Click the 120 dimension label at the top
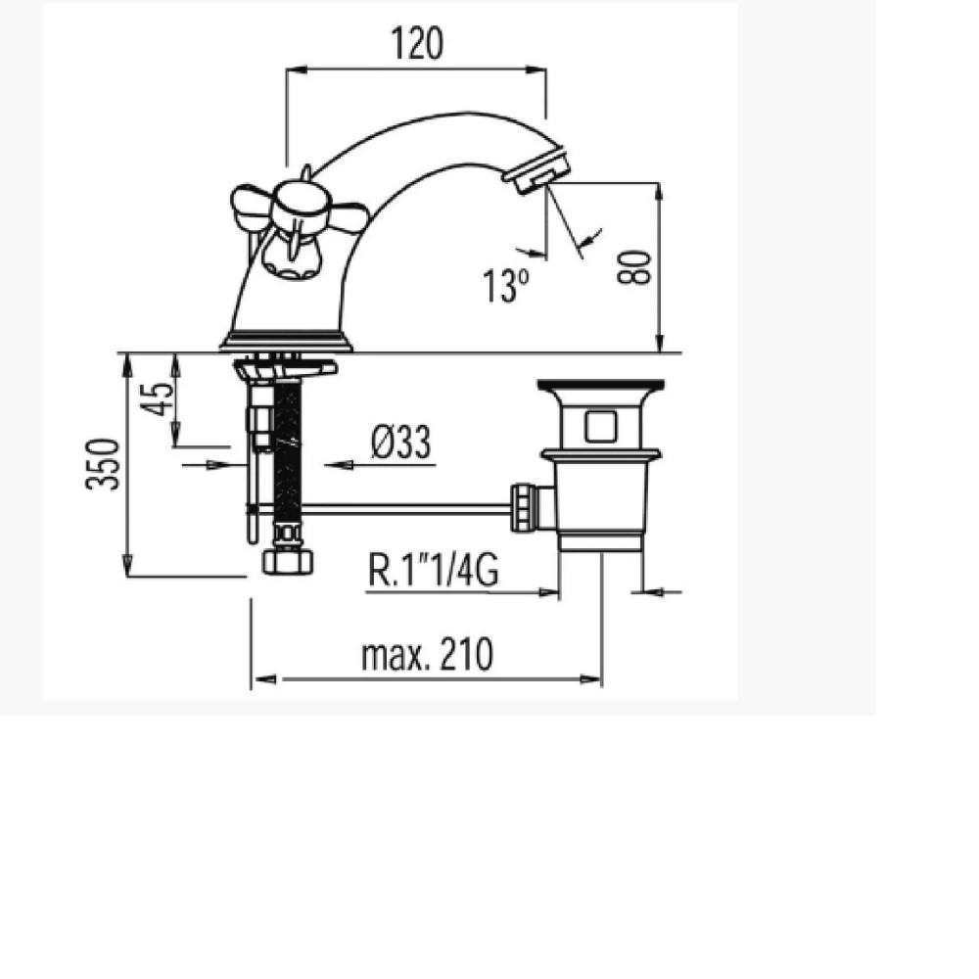tap(417, 43)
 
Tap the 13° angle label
tap(506, 287)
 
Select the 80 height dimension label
tap(633, 268)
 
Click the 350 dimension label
tap(103, 464)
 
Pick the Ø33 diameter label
tap(400, 443)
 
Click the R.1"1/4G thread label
tap(434, 570)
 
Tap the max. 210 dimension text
tap(427, 654)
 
